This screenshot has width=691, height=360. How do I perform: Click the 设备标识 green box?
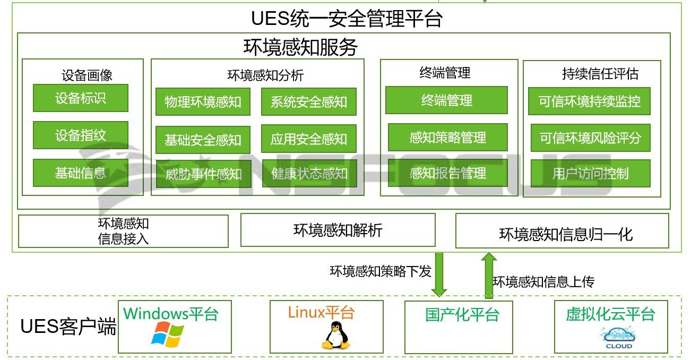pos(80,98)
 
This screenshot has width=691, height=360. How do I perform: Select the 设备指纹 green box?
pos(80,135)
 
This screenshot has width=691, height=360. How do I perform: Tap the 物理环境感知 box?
pos(203,102)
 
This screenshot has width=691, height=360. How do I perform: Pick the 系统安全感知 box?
pos(308,102)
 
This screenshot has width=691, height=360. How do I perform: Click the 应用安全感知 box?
pos(308,139)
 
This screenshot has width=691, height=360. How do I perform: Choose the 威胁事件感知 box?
pos(203,174)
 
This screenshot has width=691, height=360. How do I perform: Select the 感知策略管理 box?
pos(447,138)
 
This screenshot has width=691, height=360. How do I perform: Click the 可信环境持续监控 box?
pos(590,101)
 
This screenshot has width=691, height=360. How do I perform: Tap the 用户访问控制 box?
pos(590,174)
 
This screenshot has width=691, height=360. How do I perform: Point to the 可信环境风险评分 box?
pos(590,138)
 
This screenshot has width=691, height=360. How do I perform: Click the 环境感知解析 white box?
pos(338,230)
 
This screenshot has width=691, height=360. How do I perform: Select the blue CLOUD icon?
pos(619,337)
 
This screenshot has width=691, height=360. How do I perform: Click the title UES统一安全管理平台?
pos(347,19)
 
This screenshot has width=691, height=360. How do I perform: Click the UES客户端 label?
pos(68,327)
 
